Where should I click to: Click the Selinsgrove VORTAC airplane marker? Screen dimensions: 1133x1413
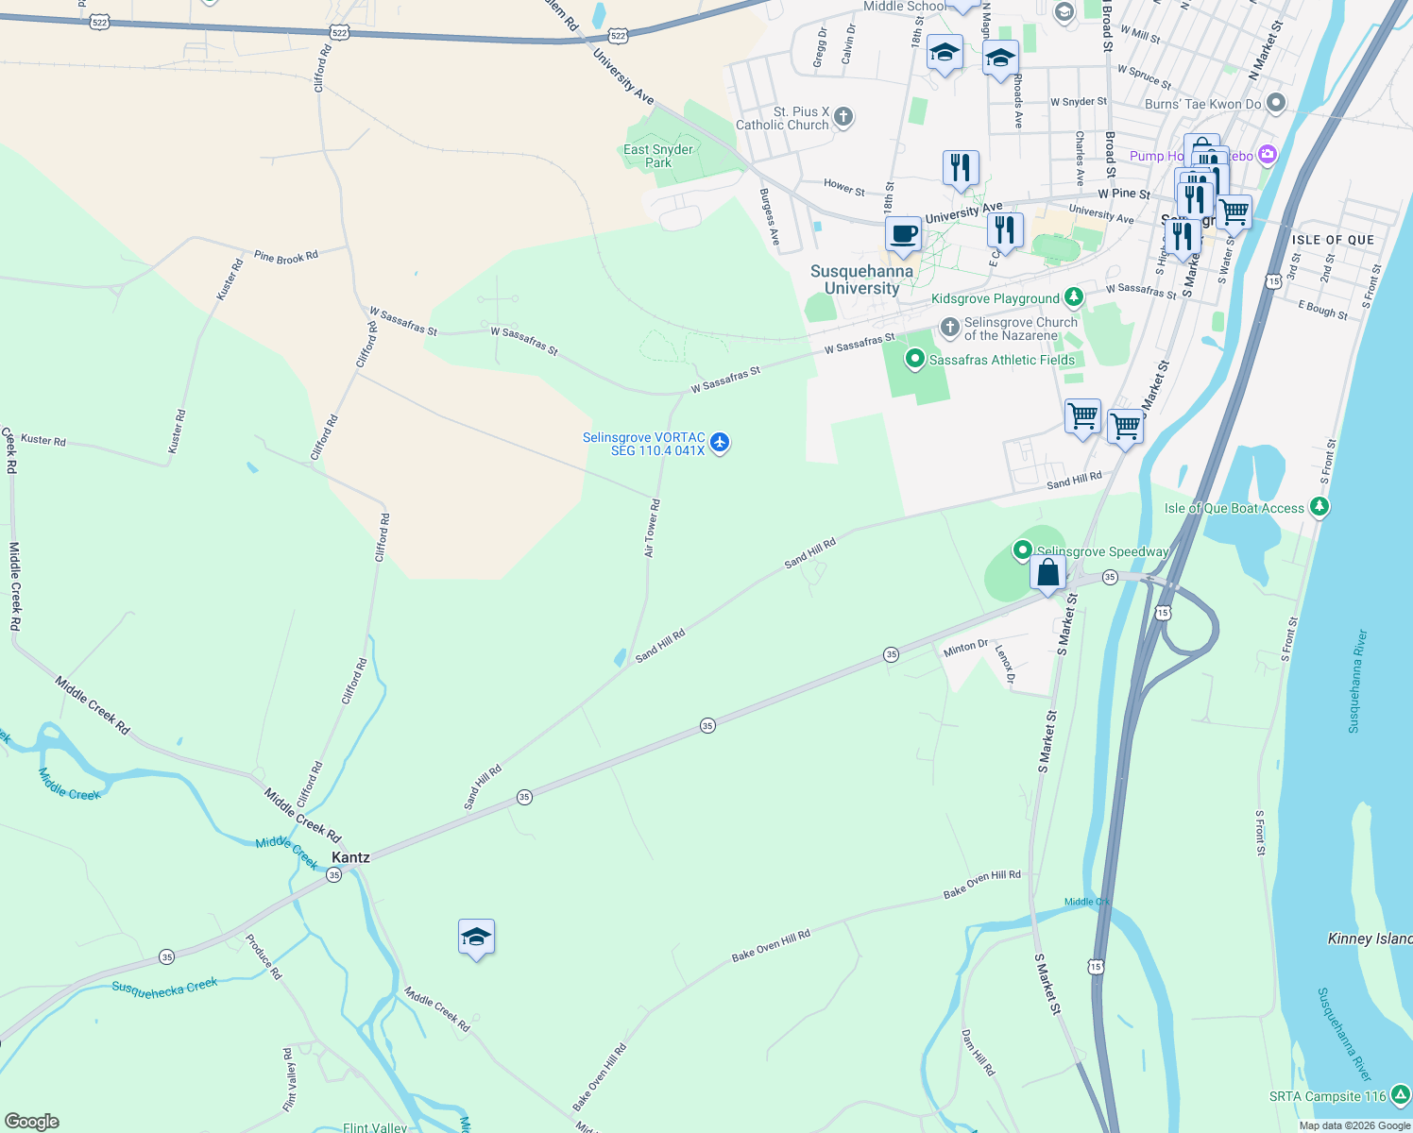coord(720,442)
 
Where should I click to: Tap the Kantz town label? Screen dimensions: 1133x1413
coord(350,857)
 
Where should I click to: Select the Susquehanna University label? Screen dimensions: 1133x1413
coord(861,279)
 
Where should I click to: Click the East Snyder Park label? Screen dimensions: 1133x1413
coord(658,156)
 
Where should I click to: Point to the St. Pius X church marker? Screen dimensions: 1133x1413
coord(843,117)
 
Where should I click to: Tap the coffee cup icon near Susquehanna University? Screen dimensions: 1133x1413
coord(903,234)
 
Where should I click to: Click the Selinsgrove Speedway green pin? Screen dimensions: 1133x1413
coord(1022,550)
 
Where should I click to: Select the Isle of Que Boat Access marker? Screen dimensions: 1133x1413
coord(1319,507)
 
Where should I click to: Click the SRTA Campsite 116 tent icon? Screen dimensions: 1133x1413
coord(1402,1095)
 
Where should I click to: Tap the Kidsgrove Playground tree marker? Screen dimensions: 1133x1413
coord(1073,297)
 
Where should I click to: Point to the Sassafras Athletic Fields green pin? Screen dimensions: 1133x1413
coord(914,359)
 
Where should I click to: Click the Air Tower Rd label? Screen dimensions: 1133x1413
coord(652,529)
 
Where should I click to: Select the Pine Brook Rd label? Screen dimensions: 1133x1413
coord(286,256)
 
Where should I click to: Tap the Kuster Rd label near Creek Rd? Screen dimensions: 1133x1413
coord(43,440)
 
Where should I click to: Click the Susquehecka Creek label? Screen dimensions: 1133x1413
coord(164,986)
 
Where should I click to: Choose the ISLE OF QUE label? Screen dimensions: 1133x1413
coord(1333,240)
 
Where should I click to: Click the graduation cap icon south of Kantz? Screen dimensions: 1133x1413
coord(476,938)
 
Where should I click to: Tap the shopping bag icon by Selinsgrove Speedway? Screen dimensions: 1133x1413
coord(1047,572)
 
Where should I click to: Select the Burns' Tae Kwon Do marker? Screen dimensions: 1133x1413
coord(1276,103)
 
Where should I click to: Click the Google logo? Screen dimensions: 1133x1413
coord(32,1122)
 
